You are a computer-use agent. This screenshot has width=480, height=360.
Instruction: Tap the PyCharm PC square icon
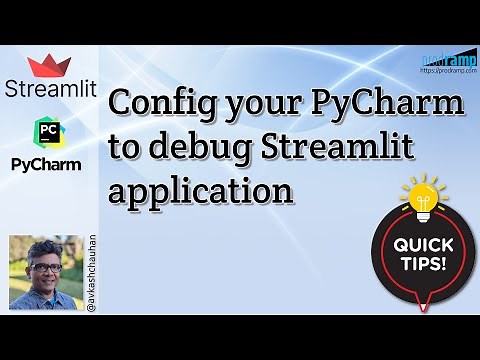click(47, 132)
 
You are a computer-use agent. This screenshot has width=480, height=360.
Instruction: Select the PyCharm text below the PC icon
click(47, 162)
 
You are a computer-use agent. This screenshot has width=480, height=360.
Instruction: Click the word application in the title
click(200, 190)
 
